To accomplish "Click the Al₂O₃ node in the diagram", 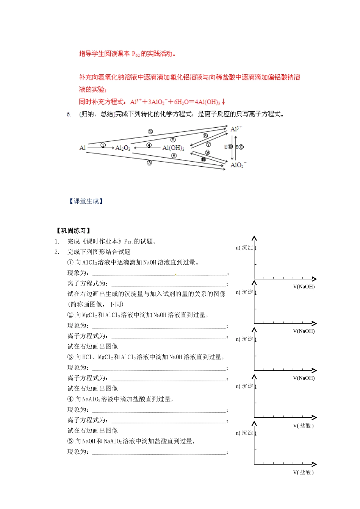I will (x=122, y=148).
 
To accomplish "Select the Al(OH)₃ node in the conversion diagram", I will (x=173, y=148).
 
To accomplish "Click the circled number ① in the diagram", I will (x=103, y=145).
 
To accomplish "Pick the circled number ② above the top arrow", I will (x=150, y=131).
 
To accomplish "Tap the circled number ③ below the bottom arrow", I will (x=149, y=163).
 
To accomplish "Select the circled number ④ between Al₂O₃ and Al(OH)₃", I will (x=149, y=145).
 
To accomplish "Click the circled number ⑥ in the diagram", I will (x=174, y=156).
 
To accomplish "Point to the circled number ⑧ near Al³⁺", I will (x=205, y=135).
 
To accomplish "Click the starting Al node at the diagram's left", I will (x=82, y=148).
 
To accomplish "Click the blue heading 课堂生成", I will (x=86, y=201).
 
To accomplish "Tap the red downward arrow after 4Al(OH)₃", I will (x=224, y=101).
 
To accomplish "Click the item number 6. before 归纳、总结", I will (x=69, y=114).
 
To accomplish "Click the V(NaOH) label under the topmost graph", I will (x=304, y=287).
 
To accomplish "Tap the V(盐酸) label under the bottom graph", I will (x=303, y=472).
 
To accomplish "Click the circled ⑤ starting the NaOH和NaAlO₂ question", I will (x=70, y=441).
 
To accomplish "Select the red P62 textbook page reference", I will (x=136, y=54).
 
